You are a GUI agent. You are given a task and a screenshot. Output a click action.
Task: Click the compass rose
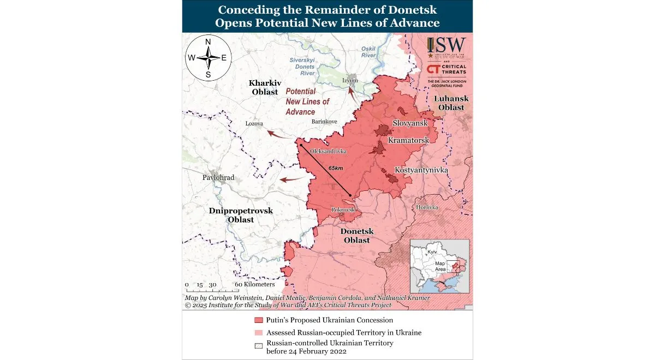(x=208, y=57)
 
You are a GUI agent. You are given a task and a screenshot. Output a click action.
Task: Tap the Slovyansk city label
(x=410, y=124)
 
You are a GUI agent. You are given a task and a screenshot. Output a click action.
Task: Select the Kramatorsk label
(x=408, y=141)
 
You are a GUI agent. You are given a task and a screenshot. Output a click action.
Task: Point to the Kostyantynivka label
(x=421, y=171)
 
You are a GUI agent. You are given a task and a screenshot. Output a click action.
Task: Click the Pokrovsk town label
(x=343, y=209)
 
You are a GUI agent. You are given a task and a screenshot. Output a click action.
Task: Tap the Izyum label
(x=350, y=81)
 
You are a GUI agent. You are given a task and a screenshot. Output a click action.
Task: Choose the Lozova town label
(x=254, y=124)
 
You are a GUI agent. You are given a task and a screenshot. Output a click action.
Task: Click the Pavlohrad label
(x=218, y=178)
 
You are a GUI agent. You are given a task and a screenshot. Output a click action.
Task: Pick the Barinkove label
(x=324, y=121)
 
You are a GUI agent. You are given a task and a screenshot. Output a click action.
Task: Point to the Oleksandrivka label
(x=328, y=151)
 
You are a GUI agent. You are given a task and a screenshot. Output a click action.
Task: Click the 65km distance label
(x=336, y=169)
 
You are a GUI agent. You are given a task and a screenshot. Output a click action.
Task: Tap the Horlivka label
(x=427, y=207)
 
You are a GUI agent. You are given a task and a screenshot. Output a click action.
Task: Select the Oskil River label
(x=368, y=52)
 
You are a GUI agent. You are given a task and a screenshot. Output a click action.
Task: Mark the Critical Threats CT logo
(x=434, y=69)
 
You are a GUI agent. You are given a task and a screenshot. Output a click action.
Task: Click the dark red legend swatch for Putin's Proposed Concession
(x=258, y=320)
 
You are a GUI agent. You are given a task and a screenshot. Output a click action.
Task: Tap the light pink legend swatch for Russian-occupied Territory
(x=258, y=332)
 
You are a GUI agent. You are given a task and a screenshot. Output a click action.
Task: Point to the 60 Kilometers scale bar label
(x=255, y=285)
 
